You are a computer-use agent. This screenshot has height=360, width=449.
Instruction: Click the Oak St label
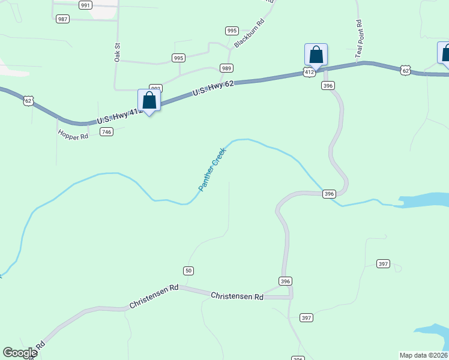click(x=118, y=52)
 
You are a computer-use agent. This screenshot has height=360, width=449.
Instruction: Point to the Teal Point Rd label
click(x=359, y=40)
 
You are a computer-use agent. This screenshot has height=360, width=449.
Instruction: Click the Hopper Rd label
click(x=73, y=136)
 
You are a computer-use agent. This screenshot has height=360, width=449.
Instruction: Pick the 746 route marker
click(x=107, y=132)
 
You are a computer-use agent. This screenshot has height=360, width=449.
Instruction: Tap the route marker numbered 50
click(x=188, y=271)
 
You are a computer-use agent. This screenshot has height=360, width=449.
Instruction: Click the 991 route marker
click(x=85, y=5)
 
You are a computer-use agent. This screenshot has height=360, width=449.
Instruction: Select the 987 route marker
click(x=62, y=19)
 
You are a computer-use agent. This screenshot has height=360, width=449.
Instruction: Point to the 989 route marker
click(x=226, y=68)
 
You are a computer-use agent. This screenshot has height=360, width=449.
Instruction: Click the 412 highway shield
click(x=309, y=72)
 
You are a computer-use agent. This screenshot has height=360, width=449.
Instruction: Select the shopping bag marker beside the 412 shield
click(x=316, y=55)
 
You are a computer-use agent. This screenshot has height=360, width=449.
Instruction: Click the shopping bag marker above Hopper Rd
click(x=149, y=101)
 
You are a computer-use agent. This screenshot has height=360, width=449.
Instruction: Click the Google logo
click(x=20, y=353)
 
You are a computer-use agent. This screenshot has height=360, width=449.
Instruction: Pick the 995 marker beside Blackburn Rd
click(x=232, y=31)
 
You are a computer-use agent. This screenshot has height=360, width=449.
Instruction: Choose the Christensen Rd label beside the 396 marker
click(x=237, y=296)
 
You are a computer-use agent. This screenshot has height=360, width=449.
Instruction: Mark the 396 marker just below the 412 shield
click(x=328, y=86)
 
